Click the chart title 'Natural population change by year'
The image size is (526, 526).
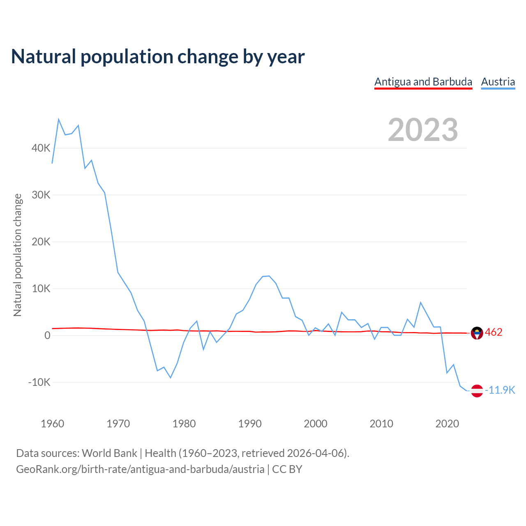tap(158, 57)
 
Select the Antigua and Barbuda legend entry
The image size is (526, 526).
tap(423, 82)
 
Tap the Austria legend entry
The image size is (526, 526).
tap(498, 82)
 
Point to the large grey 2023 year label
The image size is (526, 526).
tap(423, 130)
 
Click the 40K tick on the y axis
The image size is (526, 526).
tap(41, 148)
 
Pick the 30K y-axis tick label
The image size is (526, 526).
tap(41, 195)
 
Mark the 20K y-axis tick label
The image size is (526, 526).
tap(41, 242)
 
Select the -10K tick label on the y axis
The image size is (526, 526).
tap(39, 382)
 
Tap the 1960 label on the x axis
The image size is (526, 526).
tap(53, 424)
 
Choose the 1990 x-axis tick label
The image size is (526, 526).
tap(250, 424)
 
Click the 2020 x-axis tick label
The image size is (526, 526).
tap(447, 424)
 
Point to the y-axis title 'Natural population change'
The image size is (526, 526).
tap(17, 255)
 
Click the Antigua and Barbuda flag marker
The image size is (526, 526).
tap(477, 333)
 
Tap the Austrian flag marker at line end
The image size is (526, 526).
tap(477, 391)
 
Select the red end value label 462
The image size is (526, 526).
tap(494, 332)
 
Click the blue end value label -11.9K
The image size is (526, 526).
tap(500, 390)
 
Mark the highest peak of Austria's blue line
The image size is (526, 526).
tap(59, 119)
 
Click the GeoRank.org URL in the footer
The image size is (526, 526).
tap(140, 469)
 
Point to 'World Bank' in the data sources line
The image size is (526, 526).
tap(109, 453)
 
